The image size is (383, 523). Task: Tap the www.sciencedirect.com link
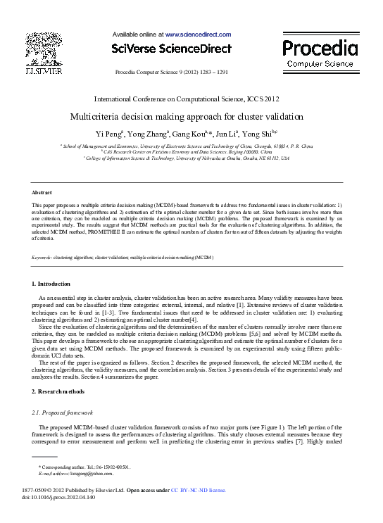198,34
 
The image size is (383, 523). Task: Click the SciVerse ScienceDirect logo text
171,49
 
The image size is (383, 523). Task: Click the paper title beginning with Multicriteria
187,116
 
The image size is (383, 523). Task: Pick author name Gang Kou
187,134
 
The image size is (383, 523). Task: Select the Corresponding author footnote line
84,467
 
